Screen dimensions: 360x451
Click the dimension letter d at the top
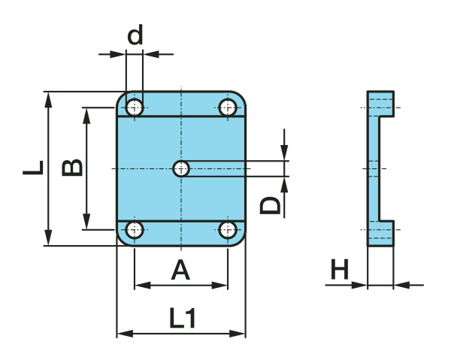(135, 35)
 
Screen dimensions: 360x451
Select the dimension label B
(72, 167)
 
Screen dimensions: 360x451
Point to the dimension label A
(180, 268)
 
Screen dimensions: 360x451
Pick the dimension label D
(271, 204)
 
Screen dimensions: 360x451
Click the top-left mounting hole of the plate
(135, 107)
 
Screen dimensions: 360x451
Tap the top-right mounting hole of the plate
(227, 107)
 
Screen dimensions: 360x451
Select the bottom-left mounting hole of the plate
(135, 229)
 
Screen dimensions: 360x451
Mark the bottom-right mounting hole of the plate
(227, 229)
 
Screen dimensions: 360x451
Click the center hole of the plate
(181, 169)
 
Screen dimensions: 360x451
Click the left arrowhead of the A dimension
(141, 286)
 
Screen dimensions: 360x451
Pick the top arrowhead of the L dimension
(49, 98)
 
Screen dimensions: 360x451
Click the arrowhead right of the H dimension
(400, 285)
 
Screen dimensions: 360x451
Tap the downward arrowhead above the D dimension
(285, 154)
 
